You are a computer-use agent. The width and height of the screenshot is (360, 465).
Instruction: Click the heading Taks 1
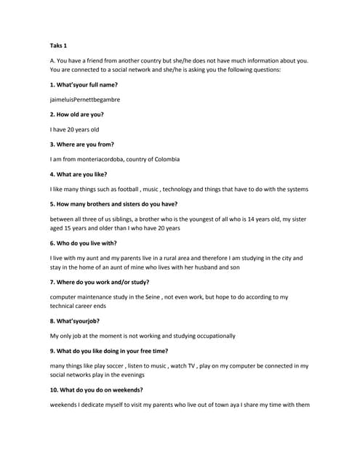[58, 46]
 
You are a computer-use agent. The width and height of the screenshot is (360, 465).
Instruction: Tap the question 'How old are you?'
[76, 114]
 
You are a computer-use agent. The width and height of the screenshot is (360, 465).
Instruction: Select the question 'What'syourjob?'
[75, 321]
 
